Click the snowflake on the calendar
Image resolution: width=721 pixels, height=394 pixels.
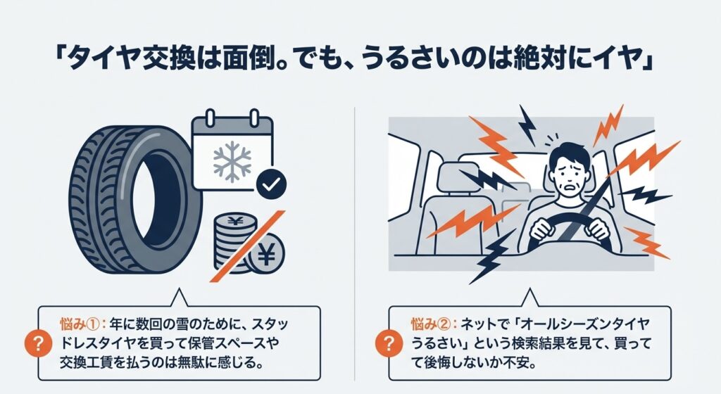(x=232, y=162)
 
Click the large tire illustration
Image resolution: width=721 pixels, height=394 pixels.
(x=134, y=201)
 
